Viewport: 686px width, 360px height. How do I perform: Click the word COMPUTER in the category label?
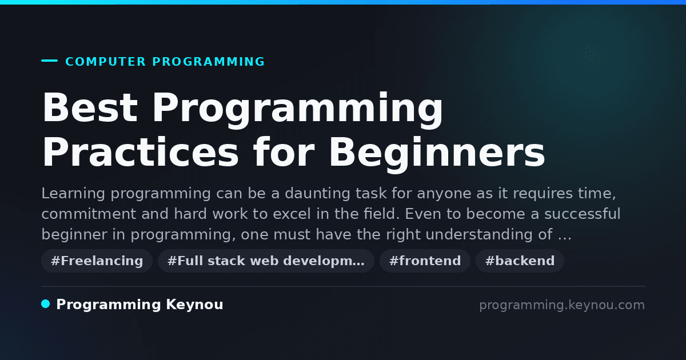tap(105, 62)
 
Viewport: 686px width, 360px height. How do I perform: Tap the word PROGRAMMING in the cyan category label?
tap(208, 62)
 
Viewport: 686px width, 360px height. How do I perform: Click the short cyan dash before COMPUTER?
tap(49, 61)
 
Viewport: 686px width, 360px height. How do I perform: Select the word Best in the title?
tap(90, 107)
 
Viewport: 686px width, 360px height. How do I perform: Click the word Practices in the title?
tap(140, 152)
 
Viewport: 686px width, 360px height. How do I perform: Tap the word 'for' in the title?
tap(284, 151)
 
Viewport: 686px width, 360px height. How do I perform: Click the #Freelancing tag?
tap(97, 261)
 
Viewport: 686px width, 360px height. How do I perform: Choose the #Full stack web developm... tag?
tap(266, 261)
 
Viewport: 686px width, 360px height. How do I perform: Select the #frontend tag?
tap(425, 261)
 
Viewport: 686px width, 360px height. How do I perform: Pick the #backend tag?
tap(520, 261)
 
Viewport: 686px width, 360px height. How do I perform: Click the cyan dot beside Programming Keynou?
tap(46, 304)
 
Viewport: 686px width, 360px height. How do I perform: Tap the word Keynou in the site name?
tap(194, 305)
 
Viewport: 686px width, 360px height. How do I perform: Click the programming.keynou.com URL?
tap(562, 305)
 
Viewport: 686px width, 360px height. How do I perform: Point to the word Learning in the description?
tap(73, 194)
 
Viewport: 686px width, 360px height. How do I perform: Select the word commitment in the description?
tap(89, 214)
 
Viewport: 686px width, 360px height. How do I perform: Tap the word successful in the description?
tap(582, 213)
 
